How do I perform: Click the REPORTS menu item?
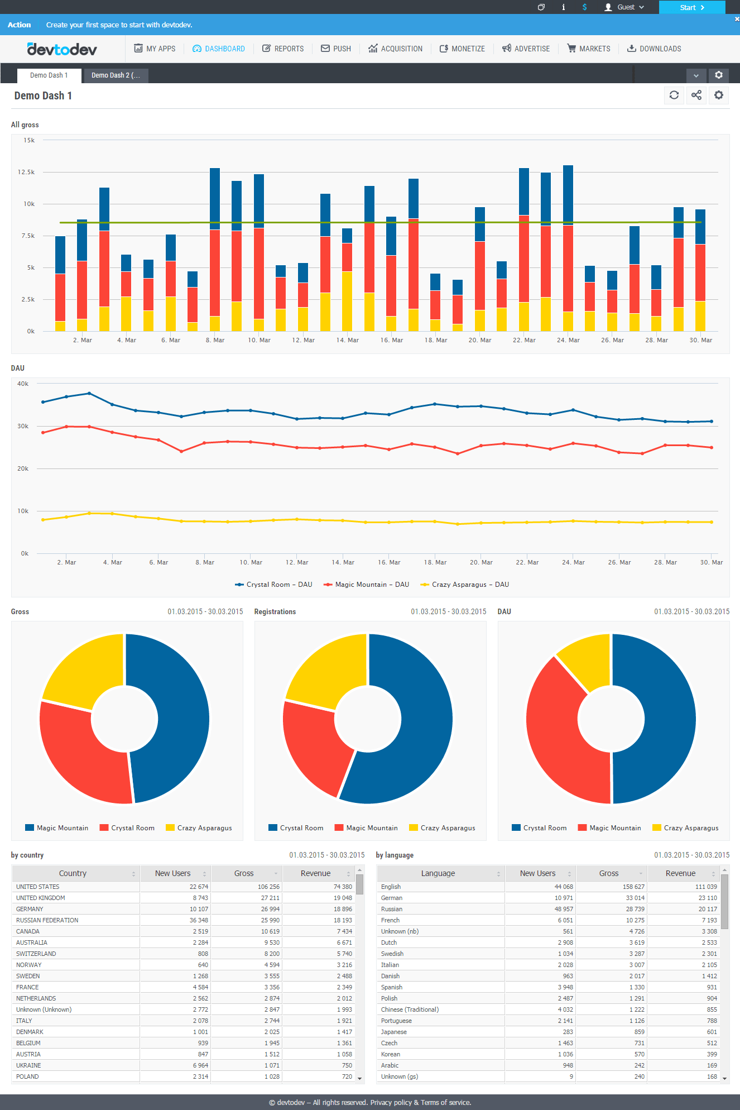tap(283, 49)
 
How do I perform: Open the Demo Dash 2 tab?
tap(116, 75)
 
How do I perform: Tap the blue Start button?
tap(692, 7)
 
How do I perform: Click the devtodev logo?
tap(62, 49)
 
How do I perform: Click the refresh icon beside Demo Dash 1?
tap(674, 95)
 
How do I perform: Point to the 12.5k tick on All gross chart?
tap(26, 172)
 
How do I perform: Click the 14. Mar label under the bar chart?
tap(347, 340)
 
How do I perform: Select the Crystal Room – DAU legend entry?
tap(273, 585)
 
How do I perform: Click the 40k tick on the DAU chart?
tap(23, 384)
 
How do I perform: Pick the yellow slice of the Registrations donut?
tap(324, 670)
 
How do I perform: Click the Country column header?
tap(73, 873)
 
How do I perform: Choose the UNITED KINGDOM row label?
tap(41, 898)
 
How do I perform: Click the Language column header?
tap(438, 873)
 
